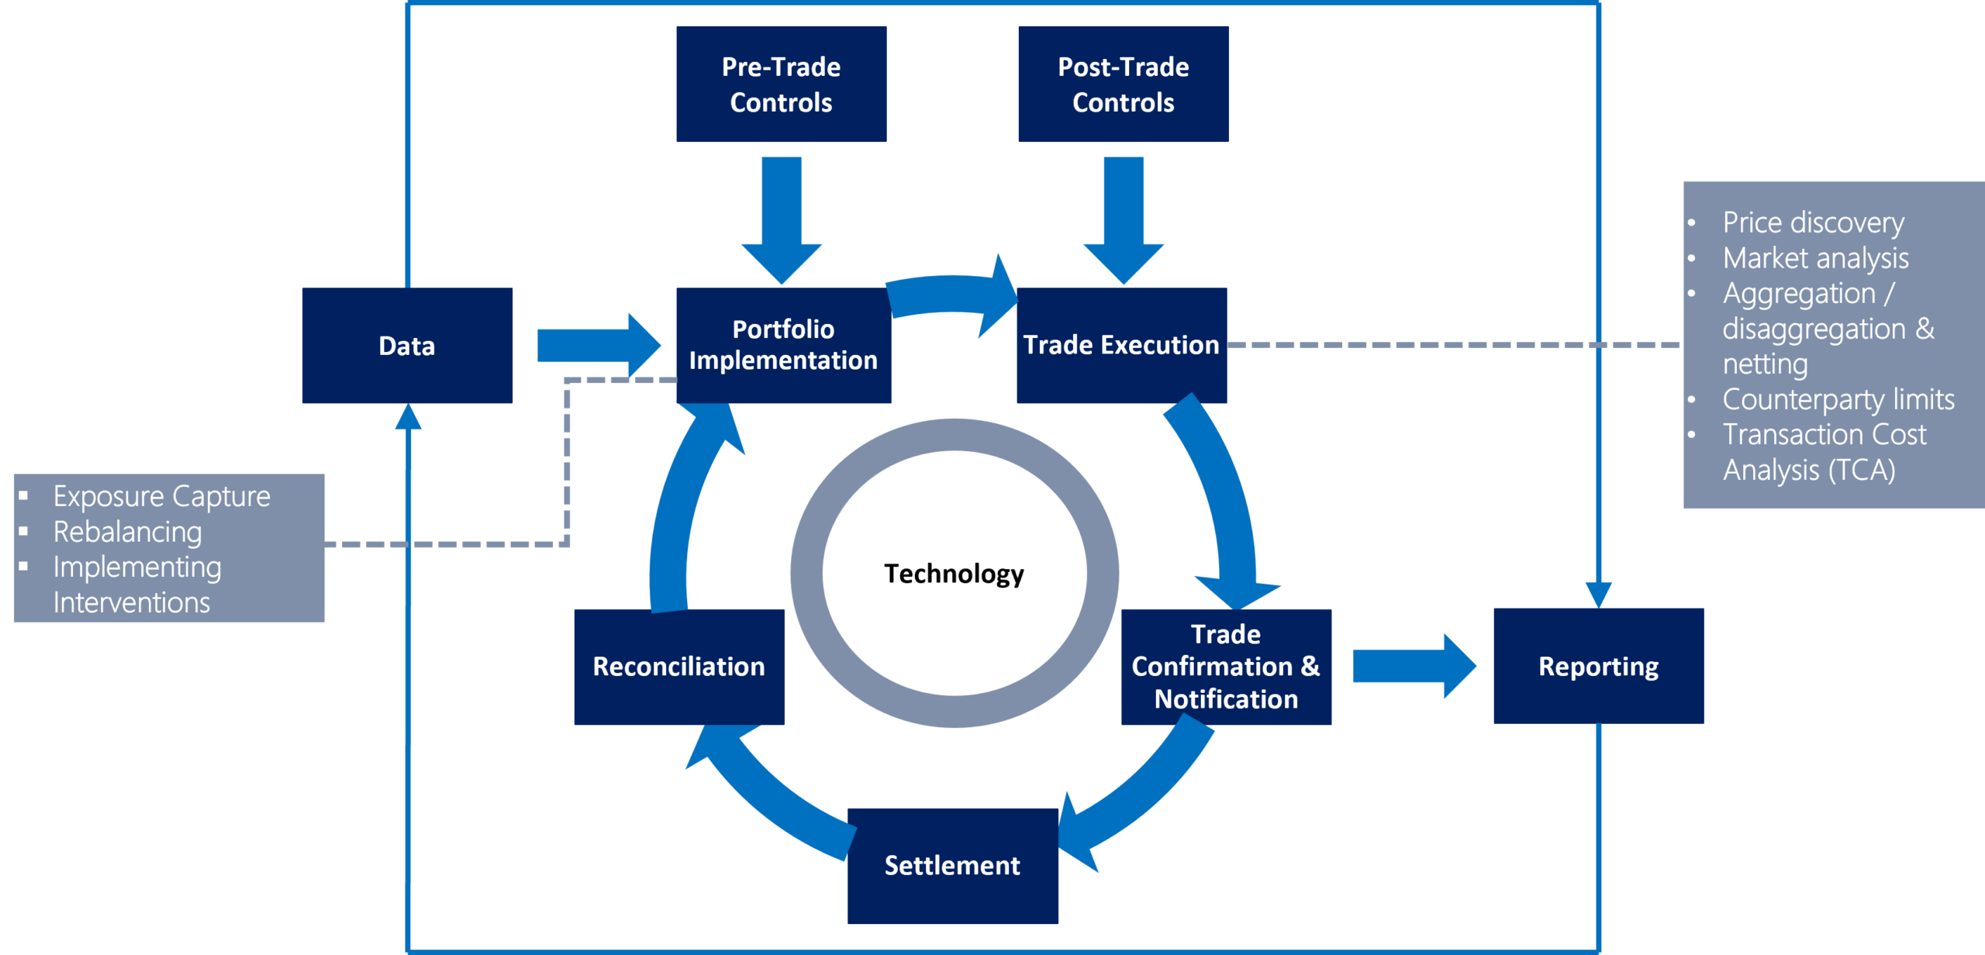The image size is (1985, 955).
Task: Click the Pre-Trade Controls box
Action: coord(781,84)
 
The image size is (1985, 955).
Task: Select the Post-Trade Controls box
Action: coord(1123,84)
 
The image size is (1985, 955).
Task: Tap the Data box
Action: coord(407,346)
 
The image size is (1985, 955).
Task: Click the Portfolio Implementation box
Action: coord(783,346)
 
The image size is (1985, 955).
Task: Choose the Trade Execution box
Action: coord(1121,346)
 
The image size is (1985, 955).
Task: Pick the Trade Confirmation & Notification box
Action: coord(1226,667)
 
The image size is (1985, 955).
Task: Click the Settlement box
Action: coord(952,865)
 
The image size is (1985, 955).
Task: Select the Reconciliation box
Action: coord(679,667)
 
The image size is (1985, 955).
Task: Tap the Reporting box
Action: coord(1598,667)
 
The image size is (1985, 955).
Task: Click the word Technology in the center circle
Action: coord(954,574)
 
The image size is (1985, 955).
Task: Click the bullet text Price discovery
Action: coord(1813,223)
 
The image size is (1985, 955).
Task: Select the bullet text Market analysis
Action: coord(1815,258)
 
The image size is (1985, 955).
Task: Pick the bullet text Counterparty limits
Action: coord(1838,399)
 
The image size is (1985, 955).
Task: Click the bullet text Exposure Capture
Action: coord(161,496)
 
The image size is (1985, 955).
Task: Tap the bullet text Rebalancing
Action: coord(127,532)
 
